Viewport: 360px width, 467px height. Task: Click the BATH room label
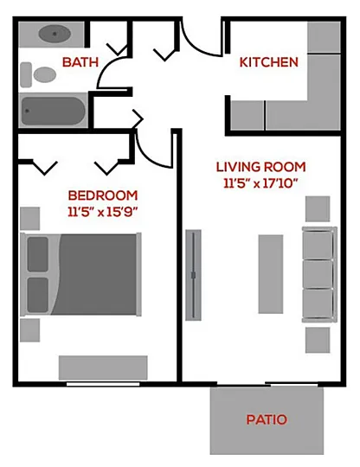click(x=80, y=62)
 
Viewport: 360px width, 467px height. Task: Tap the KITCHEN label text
click(x=269, y=62)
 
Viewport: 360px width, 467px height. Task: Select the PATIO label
click(x=267, y=419)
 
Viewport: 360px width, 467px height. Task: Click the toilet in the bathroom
click(x=38, y=74)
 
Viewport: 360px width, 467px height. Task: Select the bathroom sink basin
click(x=55, y=34)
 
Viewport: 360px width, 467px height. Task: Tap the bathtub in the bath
click(x=53, y=111)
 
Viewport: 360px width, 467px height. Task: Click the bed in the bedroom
click(x=80, y=274)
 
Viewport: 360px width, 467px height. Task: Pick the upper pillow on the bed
click(x=38, y=254)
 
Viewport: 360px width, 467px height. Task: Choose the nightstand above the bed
click(x=29, y=219)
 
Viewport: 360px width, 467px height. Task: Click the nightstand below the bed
click(x=29, y=330)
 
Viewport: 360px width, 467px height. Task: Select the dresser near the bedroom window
click(x=103, y=368)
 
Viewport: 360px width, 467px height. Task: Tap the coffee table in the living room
click(x=271, y=274)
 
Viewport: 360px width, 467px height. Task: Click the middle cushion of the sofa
click(x=318, y=274)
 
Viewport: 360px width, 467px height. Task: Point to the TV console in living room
click(x=193, y=275)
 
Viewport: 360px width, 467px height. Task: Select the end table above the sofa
click(x=318, y=208)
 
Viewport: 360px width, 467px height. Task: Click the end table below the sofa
click(x=318, y=340)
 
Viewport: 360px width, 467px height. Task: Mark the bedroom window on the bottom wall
click(x=103, y=384)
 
